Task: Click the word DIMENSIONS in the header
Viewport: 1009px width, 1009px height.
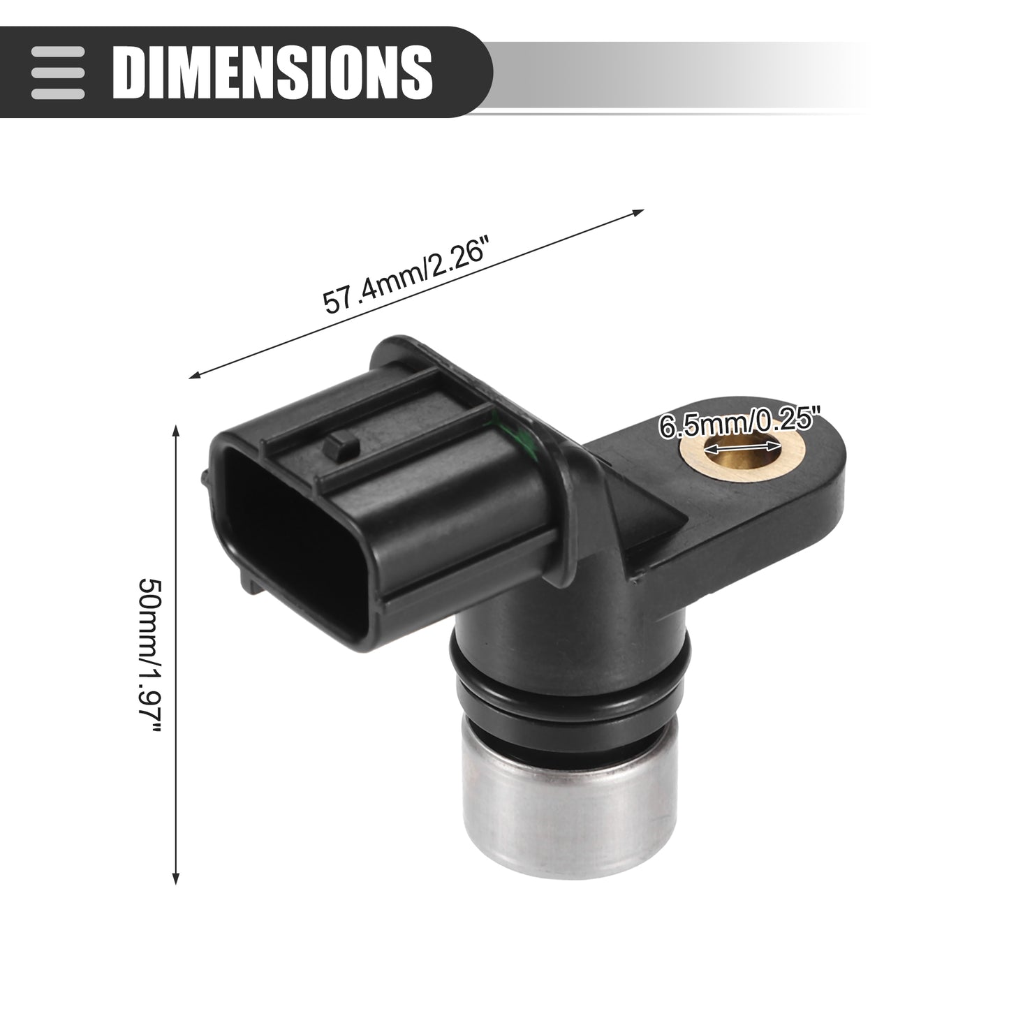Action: point(272,72)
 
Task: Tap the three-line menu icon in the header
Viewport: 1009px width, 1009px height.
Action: point(57,73)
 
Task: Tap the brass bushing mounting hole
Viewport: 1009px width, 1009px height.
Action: point(742,448)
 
